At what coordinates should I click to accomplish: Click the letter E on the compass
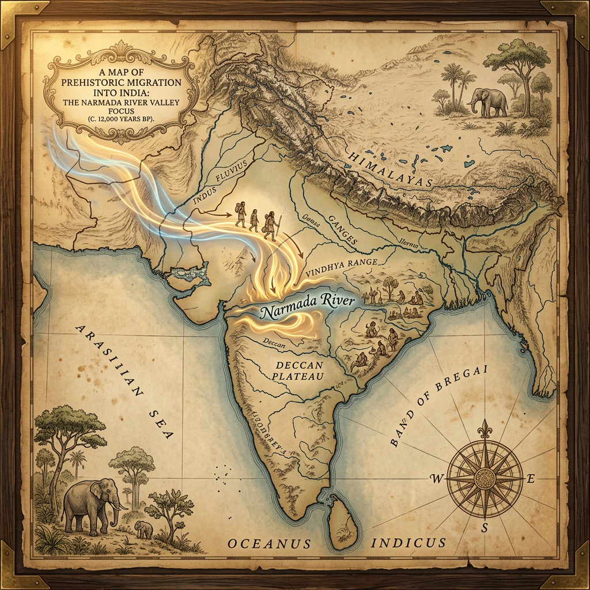click(531, 479)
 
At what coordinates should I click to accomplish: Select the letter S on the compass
click(485, 527)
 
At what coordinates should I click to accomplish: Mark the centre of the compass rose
click(484, 478)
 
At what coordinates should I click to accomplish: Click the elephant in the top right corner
click(487, 103)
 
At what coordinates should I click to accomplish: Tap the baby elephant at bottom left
click(143, 528)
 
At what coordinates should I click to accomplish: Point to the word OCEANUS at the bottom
click(269, 543)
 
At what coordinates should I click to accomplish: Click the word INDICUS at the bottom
click(409, 542)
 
